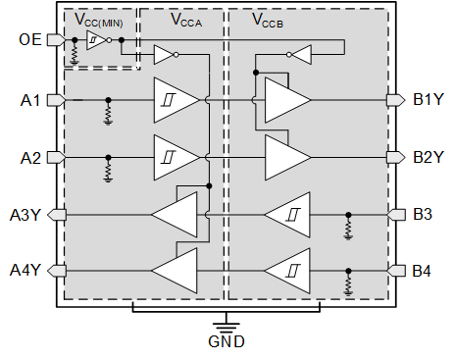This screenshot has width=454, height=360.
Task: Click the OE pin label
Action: [x=30, y=40]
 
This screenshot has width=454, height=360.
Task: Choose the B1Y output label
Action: [x=429, y=100]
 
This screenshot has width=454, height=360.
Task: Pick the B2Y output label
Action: [x=429, y=157]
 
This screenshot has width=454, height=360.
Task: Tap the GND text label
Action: [x=227, y=342]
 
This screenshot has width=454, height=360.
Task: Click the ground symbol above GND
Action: [x=227, y=322]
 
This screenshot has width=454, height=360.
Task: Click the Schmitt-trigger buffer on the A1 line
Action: [x=174, y=100]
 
